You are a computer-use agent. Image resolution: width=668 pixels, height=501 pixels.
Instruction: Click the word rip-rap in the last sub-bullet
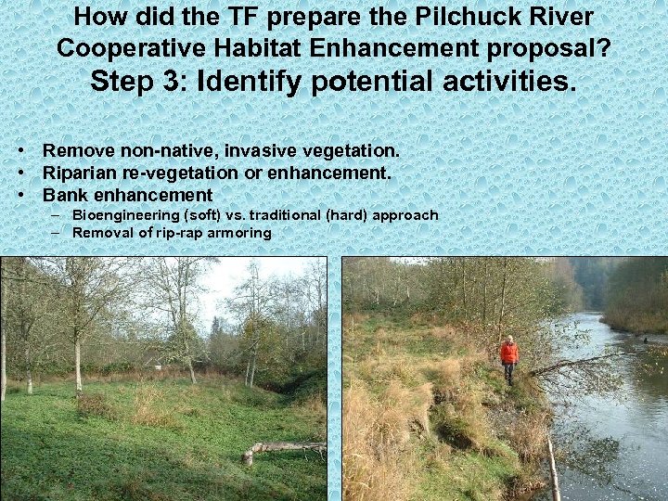180,233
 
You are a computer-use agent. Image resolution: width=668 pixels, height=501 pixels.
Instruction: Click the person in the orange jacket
508,358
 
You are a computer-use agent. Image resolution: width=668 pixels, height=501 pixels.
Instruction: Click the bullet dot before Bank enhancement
19,195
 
